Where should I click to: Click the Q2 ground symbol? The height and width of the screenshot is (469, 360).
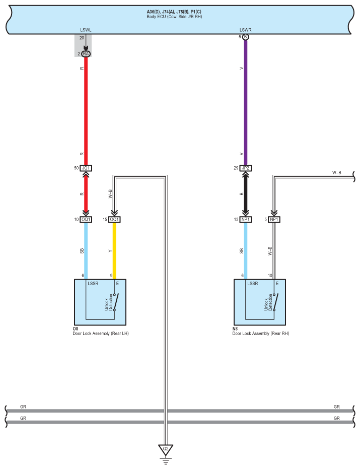pyautogui.click(x=165, y=448)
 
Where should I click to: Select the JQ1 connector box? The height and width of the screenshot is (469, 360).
pyautogui.click(x=86, y=168)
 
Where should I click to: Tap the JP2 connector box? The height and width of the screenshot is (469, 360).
pyautogui.click(x=246, y=168)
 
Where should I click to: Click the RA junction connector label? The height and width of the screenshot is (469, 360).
pyautogui.click(x=86, y=53)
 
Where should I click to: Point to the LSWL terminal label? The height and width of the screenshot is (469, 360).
pyautogui.click(x=85, y=30)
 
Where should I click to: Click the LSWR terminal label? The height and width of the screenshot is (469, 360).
pyautogui.click(x=245, y=30)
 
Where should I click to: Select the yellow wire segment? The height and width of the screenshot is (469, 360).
pyautogui.click(x=114, y=250)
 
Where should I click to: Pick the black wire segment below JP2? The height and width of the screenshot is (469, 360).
pyautogui.click(x=246, y=193)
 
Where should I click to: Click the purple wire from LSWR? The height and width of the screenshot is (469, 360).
pyautogui.click(x=246, y=101)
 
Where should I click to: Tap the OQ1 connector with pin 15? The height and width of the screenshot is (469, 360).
pyautogui.click(x=114, y=220)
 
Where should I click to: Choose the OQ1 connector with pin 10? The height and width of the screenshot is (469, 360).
pyautogui.click(x=86, y=220)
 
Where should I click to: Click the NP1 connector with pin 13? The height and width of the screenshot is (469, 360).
pyautogui.click(x=246, y=220)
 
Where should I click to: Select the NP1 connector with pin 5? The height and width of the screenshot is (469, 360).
pyautogui.click(x=274, y=220)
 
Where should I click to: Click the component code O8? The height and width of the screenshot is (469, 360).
pyautogui.click(x=76, y=329)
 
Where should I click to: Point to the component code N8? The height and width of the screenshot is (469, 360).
pyautogui.click(x=235, y=329)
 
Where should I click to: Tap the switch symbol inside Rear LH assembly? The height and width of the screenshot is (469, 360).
pyautogui.click(x=116, y=302)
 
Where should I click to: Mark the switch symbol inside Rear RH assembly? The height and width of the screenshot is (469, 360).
pyautogui.click(x=275, y=302)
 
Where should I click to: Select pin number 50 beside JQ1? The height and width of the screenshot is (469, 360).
pyautogui.click(x=76, y=168)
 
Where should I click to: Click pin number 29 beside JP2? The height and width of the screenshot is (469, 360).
pyautogui.click(x=236, y=168)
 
